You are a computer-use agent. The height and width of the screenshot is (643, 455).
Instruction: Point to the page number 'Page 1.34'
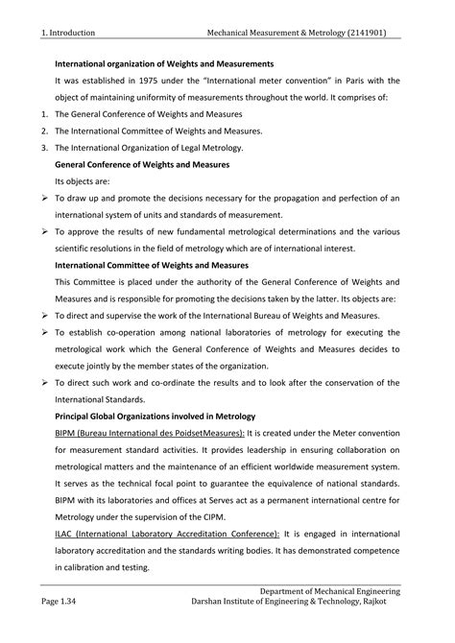[x=57, y=602]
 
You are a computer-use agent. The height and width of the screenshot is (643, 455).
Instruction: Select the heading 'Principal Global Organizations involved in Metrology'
[x=154, y=416]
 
